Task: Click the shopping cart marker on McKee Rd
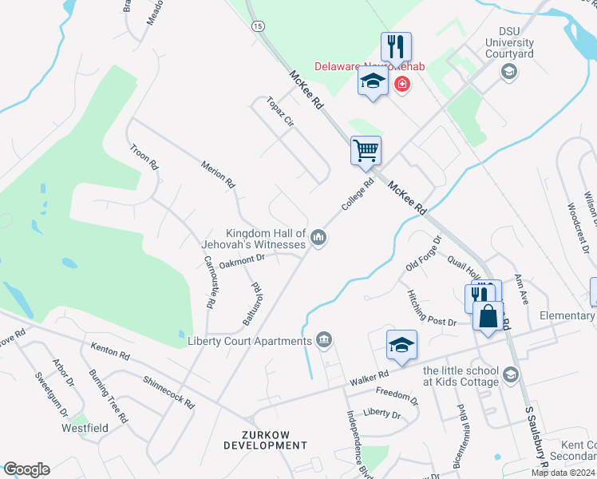pos(366,149)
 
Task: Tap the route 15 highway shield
pos(256,26)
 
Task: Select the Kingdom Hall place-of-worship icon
pos(318,238)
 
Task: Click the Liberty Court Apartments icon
pos(324,341)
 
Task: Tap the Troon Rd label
pos(145,156)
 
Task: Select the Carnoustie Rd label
pos(211,282)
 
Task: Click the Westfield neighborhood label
pos(85,428)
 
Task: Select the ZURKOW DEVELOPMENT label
pos(266,440)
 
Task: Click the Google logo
pos(26,469)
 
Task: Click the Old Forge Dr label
pos(423,252)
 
